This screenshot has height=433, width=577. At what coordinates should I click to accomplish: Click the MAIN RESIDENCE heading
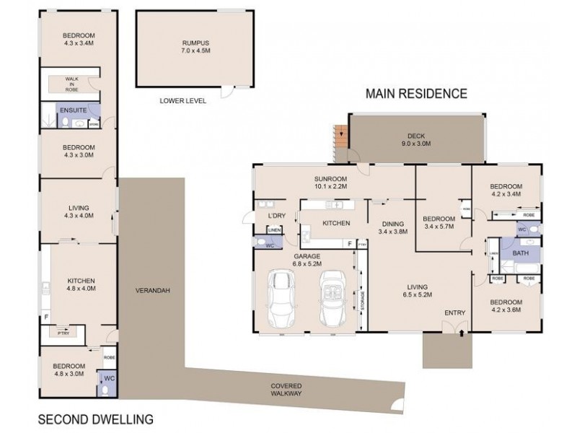pyautogui.click(x=416, y=93)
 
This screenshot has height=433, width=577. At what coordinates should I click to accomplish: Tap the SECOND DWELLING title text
pyautogui.click(x=95, y=418)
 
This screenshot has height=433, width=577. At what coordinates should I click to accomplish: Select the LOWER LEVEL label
pyautogui.click(x=182, y=102)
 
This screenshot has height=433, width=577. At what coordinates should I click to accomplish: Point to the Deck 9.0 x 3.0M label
pyautogui.click(x=417, y=139)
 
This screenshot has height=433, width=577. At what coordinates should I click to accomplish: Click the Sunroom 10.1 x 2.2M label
pyautogui.click(x=330, y=183)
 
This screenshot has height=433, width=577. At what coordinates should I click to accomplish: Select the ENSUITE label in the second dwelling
pyautogui.click(x=74, y=110)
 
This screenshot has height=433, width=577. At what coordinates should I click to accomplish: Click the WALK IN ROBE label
pyautogui.click(x=71, y=83)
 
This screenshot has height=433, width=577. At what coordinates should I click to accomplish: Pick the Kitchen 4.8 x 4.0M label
pyautogui.click(x=82, y=284)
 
